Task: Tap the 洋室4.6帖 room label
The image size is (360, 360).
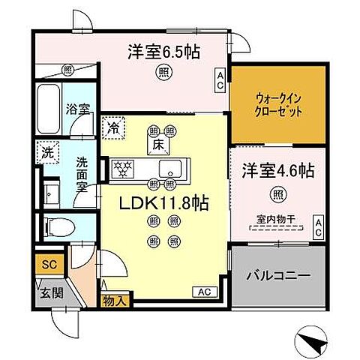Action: (277, 170)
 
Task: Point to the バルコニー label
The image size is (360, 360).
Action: (278, 276)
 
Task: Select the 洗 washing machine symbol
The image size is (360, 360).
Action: (46, 150)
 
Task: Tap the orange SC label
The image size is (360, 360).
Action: (47, 265)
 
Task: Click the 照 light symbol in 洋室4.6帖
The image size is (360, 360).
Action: (277, 194)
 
